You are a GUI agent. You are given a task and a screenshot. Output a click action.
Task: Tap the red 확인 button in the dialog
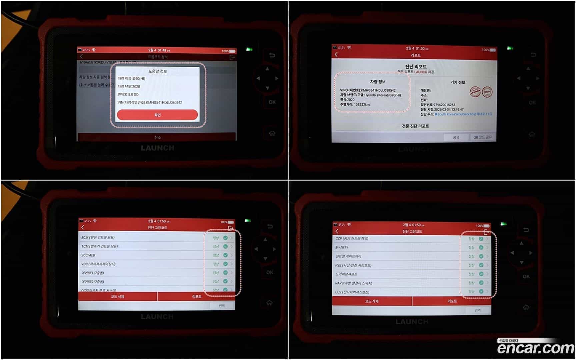pyautogui.click(x=157, y=115)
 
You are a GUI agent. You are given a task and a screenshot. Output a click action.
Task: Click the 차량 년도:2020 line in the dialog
pyautogui.click(x=129, y=86)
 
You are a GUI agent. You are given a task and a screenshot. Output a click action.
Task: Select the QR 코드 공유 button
pyautogui.click(x=482, y=137)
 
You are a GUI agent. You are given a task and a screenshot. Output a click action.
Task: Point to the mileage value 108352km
pyautogui.click(x=362, y=105)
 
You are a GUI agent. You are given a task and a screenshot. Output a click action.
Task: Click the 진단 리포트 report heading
pyautogui.click(x=416, y=66)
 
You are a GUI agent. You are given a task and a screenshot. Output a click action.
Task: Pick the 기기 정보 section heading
pyautogui.click(x=458, y=82)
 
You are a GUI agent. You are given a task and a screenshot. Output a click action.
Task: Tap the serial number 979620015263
pyautogui.click(x=444, y=105)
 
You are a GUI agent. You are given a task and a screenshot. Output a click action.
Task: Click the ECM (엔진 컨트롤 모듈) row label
pyautogui.click(x=98, y=238)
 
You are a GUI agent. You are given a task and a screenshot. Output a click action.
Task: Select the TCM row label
pyautogui.click(x=99, y=246)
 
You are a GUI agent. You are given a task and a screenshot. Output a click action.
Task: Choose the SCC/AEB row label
pyautogui.click(x=88, y=255)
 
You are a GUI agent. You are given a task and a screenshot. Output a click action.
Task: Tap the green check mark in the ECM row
pyautogui.click(x=225, y=238)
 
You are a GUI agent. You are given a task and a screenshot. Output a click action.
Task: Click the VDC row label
pyautogui.click(x=98, y=264)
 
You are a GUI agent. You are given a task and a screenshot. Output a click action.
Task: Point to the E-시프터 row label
pyautogui.click(x=342, y=247)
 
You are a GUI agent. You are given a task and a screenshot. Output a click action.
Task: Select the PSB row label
pyautogui.click(x=353, y=265)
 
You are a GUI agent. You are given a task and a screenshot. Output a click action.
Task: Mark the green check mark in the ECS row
pyautogui.click(x=481, y=291)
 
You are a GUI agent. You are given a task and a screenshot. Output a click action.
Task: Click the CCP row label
pyautogui.click(x=352, y=239)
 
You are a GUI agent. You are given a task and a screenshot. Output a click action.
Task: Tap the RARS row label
pyautogui.click(x=354, y=283)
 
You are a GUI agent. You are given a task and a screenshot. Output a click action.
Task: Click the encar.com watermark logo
pyautogui.click(x=535, y=348)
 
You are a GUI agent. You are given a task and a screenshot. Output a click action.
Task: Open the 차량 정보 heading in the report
pyautogui.click(x=378, y=82)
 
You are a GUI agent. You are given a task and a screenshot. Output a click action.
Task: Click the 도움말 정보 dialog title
pyautogui.click(x=157, y=71)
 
